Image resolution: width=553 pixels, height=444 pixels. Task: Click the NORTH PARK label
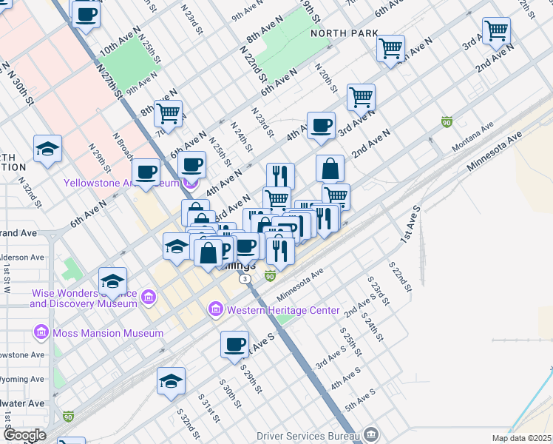(345, 33)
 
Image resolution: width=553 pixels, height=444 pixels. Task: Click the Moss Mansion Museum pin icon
(41, 333)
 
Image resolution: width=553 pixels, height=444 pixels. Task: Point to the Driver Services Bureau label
(310, 435)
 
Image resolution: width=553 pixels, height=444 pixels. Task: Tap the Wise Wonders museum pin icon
(149, 297)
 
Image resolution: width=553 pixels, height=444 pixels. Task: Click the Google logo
(24, 435)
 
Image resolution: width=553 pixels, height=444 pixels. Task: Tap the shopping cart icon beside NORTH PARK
(390, 48)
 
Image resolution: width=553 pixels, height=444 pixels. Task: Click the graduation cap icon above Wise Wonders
(112, 280)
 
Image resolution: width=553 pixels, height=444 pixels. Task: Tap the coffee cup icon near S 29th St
(235, 344)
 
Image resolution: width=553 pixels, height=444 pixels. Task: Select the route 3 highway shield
(245, 279)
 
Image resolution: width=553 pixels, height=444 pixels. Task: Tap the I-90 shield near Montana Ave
(447, 121)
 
